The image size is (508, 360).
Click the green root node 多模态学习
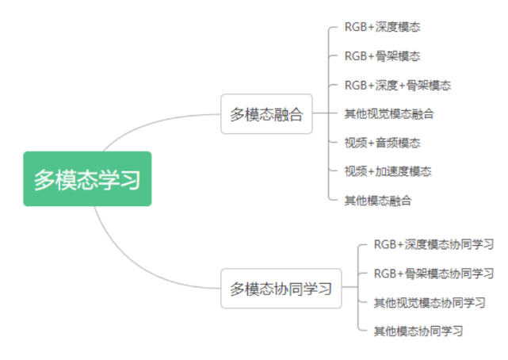(x=86, y=178)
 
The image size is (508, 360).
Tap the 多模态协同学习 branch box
(x=281, y=288)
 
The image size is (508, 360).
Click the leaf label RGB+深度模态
(x=382, y=27)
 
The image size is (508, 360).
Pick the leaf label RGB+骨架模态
(x=382, y=56)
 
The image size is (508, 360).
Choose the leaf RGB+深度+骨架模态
(x=398, y=85)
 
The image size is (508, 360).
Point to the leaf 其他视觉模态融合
(x=388, y=114)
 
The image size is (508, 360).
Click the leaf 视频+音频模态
(x=382, y=143)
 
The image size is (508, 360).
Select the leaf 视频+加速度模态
(x=388, y=171)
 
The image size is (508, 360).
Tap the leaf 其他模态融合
(x=377, y=201)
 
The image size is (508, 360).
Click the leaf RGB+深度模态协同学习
(x=434, y=244)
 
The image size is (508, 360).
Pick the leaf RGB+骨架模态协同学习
(x=434, y=274)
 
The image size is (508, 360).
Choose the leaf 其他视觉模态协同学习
(x=429, y=302)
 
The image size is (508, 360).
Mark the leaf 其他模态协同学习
(x=418, y=331)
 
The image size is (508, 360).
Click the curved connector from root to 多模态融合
(x=151, y=124)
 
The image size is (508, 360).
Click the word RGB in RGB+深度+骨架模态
(x=355, y=85)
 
